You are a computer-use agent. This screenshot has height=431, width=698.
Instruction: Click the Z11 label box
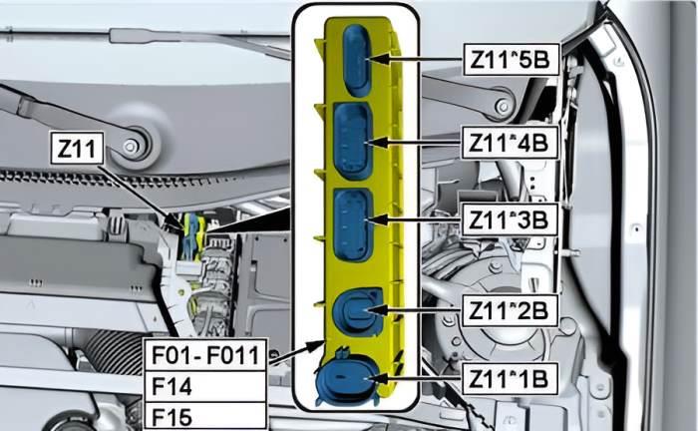tap(77, 151)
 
